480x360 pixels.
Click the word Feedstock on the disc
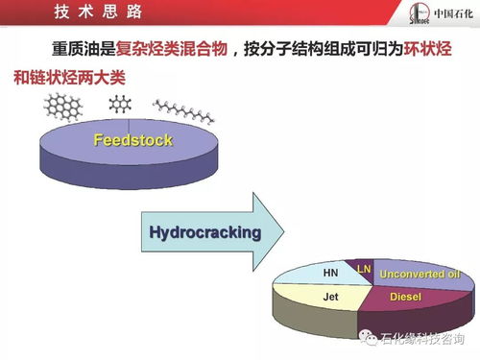point(132,141)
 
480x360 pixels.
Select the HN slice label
point(330,273)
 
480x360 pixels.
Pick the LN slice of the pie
point(364,269)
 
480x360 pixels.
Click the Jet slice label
point(329,298)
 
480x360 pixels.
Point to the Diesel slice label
point(405,298)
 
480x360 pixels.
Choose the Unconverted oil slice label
point(420,275)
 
